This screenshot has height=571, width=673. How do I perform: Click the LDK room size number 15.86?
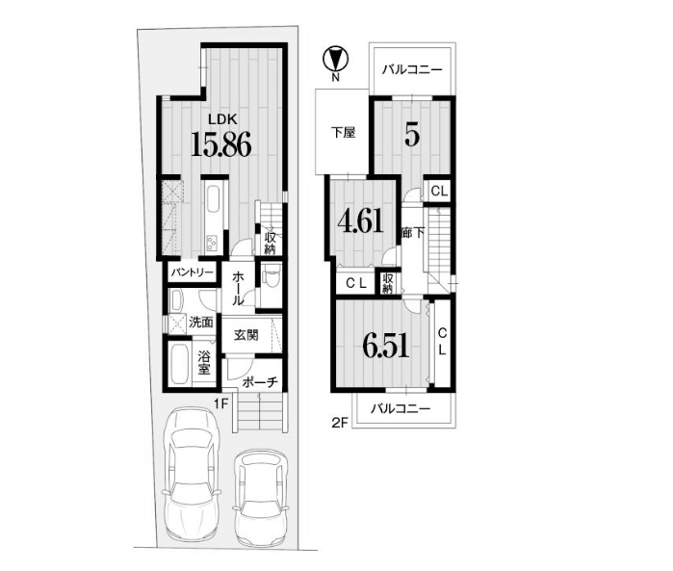point(220,143)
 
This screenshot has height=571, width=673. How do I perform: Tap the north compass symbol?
point(336,60)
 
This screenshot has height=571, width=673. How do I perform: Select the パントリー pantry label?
point(192,273)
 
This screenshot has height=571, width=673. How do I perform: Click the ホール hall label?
point(238,289)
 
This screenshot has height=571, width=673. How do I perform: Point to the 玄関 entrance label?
point(246,335)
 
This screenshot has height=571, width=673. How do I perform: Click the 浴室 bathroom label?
point(204,362)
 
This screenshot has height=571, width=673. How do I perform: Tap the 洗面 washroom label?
point(201,322)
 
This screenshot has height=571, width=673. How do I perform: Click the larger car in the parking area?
point(193,475)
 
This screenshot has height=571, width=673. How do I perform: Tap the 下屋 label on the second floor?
point(344,132)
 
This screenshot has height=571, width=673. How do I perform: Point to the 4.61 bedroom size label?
point(360,221)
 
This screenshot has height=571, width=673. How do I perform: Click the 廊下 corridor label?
point(413,233)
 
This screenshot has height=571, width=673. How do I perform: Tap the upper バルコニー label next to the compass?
point(412,69)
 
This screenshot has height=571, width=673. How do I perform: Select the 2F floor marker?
point(339,423)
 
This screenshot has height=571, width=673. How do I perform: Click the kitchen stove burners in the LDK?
point(213,243)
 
